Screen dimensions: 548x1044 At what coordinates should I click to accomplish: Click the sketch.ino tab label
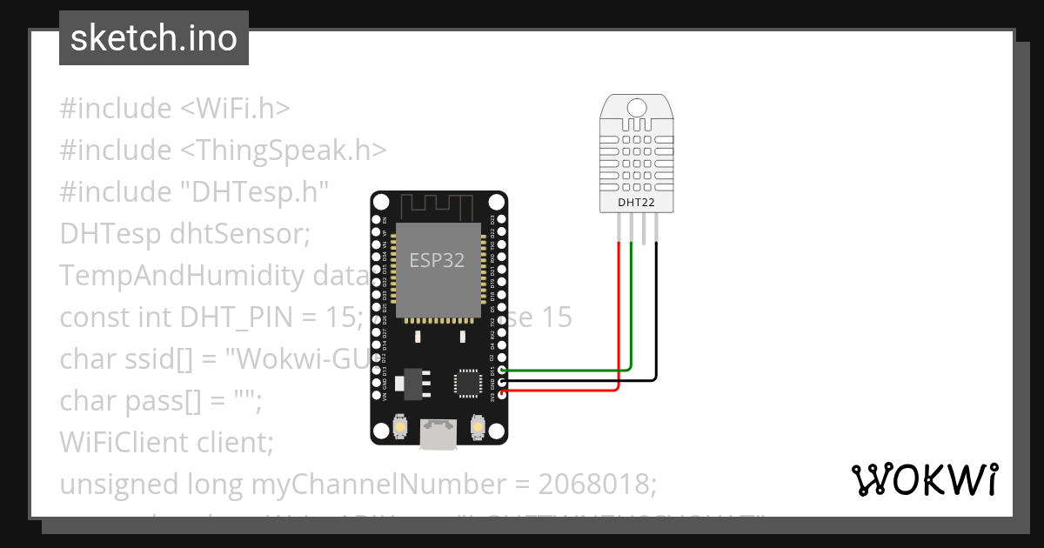[x=153, y=38]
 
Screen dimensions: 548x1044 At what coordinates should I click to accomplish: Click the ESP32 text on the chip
[x=437, y=260]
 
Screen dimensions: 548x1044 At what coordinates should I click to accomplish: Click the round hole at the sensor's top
[x=636, y=108]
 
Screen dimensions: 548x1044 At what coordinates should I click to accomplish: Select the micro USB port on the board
[x=438, y=432]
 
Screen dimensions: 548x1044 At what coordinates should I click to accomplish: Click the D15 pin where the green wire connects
[x=502, y=371]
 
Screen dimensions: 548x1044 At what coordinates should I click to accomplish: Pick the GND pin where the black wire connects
[x=502, y=382]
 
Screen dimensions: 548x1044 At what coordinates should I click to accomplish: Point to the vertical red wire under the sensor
[x=619, y=304]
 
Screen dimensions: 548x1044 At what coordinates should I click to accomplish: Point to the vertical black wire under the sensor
[x=656, y=304]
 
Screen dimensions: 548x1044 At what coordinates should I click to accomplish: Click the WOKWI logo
[x=924, y=479]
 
